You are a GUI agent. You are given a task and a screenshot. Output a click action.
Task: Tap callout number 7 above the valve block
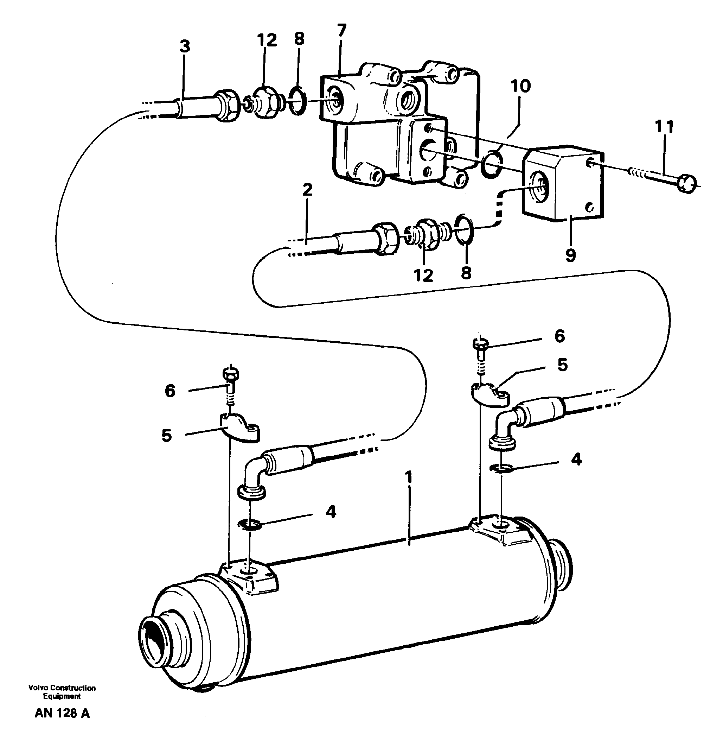[341, 30]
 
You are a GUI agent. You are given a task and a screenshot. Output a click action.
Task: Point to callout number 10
[520, 87]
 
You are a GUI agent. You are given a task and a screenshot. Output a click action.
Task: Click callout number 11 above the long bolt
[664, 127]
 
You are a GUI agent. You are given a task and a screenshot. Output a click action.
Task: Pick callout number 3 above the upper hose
[185, 47]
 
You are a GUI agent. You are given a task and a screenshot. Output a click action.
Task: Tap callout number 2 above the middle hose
[307, 190]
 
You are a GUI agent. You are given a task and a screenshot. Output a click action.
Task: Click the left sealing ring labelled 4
[249, 525]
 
